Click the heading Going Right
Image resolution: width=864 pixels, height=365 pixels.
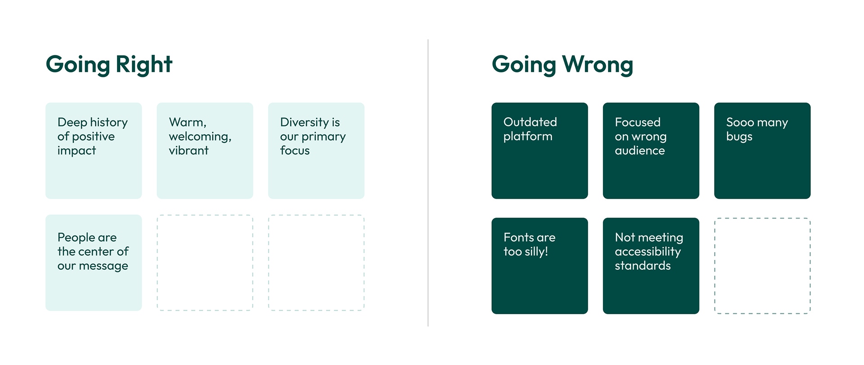click(x=109, y=64)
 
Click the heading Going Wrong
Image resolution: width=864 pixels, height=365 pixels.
click(x=562, y=64)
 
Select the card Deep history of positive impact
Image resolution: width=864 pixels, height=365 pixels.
click(x=94, y=151)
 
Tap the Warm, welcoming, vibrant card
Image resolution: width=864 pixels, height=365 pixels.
click(x=205, y=151)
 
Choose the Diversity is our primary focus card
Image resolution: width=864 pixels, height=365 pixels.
click(x=316, y=151)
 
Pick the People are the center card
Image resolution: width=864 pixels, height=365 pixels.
click(x=94, y=263)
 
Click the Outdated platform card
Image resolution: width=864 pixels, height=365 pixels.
click(x=540, y=151)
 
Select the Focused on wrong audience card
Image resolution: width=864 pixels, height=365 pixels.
click(x=651, y=151)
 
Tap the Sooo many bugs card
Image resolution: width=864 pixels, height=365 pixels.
click(x=762, y=151)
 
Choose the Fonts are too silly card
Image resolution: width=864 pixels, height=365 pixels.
click(x=540, y=266)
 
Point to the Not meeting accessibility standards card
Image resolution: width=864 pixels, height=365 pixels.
click(x=651, y=266)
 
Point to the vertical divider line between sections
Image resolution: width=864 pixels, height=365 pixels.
click(x=428, y=183)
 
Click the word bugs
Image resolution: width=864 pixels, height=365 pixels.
click(x=739, y=137)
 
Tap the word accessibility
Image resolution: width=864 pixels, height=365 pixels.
click(x=648, y=252)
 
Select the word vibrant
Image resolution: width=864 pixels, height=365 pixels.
click(x=189, y=150)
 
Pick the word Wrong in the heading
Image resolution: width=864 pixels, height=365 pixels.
click(x=598, y=64)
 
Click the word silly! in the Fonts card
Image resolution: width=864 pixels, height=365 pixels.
click(x=536, y=252)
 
